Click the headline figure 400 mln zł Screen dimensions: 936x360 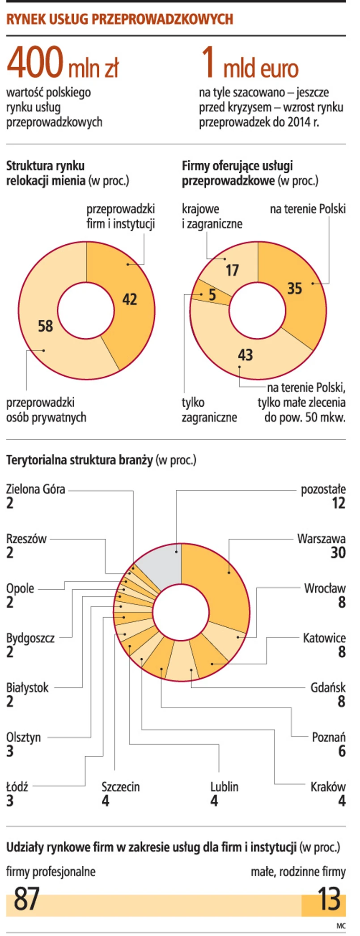[63, 64]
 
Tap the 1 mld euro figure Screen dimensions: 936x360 [250, 64]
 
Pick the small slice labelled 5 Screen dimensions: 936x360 [212, 294]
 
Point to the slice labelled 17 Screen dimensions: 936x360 [232, 270]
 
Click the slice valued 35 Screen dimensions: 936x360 [295, 288]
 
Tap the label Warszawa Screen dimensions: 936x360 [321, 538]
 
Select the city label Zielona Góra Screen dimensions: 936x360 [36, 489]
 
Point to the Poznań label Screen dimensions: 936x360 [329, 737]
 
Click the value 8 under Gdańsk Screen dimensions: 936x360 [341, 701]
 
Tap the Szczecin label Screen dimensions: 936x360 [120, 787]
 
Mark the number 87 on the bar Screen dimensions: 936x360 [27, 898]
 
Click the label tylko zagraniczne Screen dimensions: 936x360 [209, 410]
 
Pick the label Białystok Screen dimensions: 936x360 [27, 687]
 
